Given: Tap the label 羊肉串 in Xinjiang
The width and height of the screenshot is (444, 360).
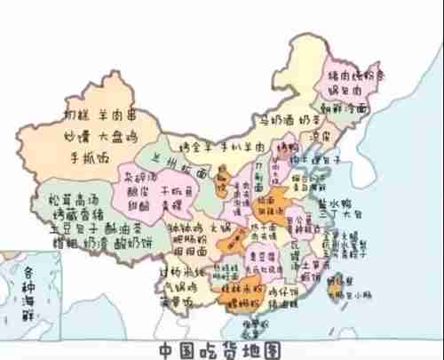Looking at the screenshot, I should pyautogui.click(x=121, y=116).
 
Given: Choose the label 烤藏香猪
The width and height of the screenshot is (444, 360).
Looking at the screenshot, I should pyautogui.click(x=70, y=212).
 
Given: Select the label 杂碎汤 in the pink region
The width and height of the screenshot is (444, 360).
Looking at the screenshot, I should pyautogui.click(x=138, y=176).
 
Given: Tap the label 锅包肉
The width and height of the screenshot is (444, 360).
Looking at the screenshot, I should pyautogui.click(x=347, y=91).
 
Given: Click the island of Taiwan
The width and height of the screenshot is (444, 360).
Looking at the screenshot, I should pyautogui.click(x=337, y=286).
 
